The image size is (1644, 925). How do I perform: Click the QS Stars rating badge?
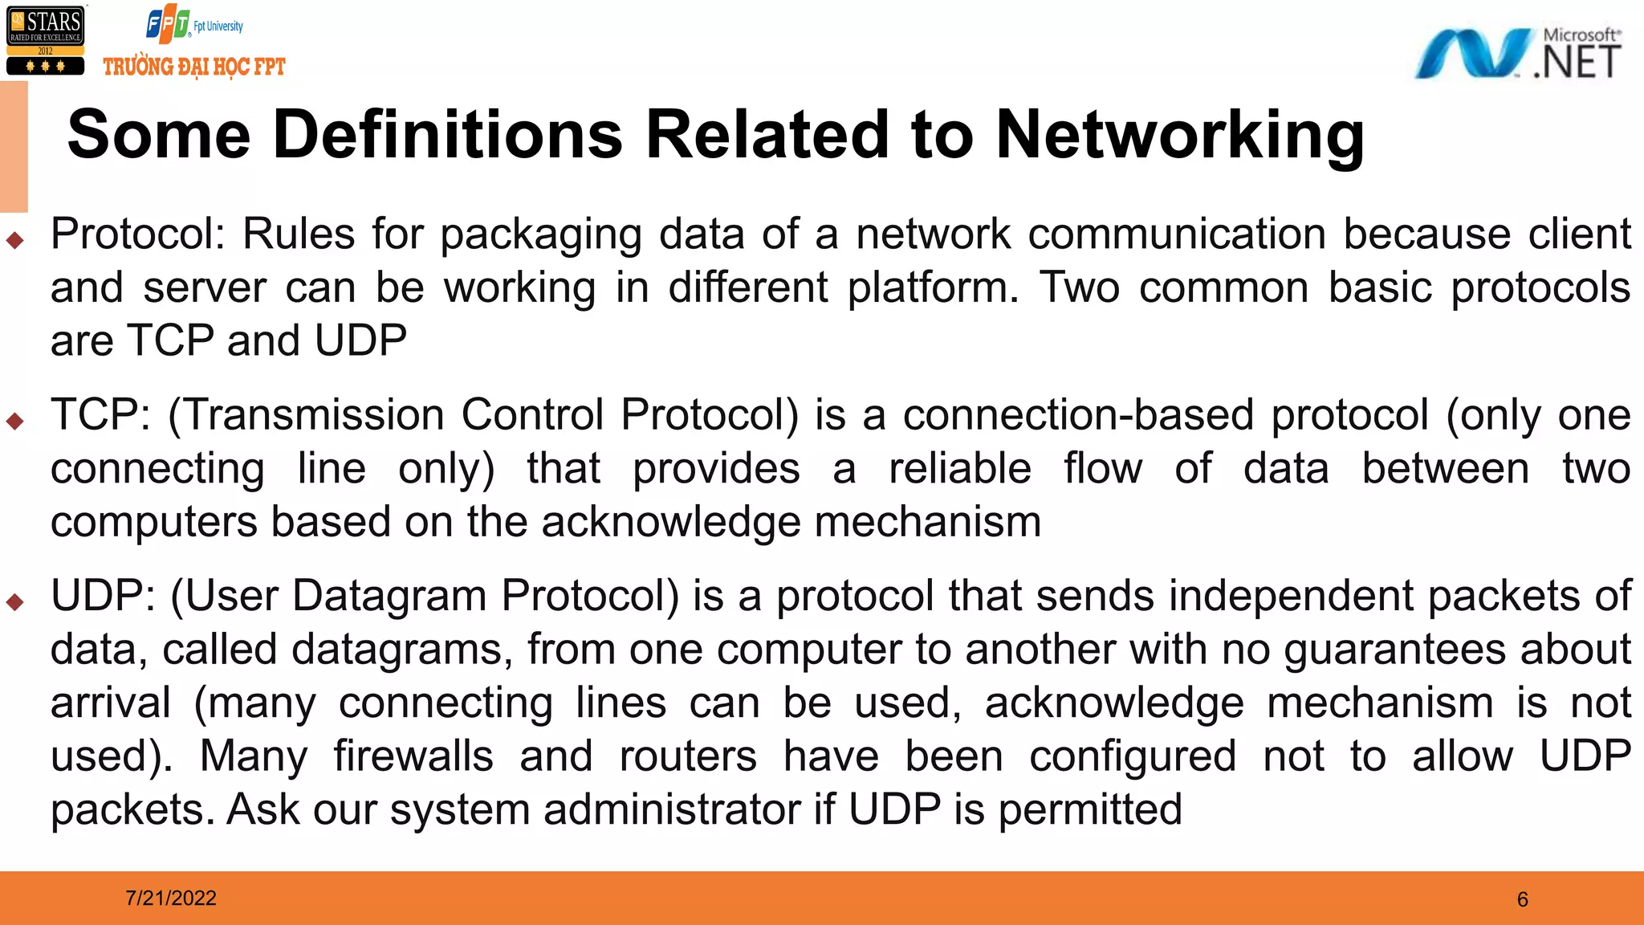[45, 41]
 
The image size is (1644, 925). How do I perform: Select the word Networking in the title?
[1180, 134]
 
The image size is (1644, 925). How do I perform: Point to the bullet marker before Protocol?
[14, 239]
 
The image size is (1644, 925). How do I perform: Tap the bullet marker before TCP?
[14, 420]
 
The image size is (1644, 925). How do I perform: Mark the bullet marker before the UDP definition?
[14, 601]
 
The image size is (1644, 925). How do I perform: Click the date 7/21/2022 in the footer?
[171, 898]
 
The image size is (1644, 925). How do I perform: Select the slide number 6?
[1523, 899]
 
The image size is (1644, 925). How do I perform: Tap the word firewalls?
[413, 756]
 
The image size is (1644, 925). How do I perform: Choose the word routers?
[688, 756]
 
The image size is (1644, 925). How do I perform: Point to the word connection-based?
[1078, 416]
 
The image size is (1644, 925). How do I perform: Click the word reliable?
[959, 469]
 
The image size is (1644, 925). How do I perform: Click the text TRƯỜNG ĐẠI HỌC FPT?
[194, 67]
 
